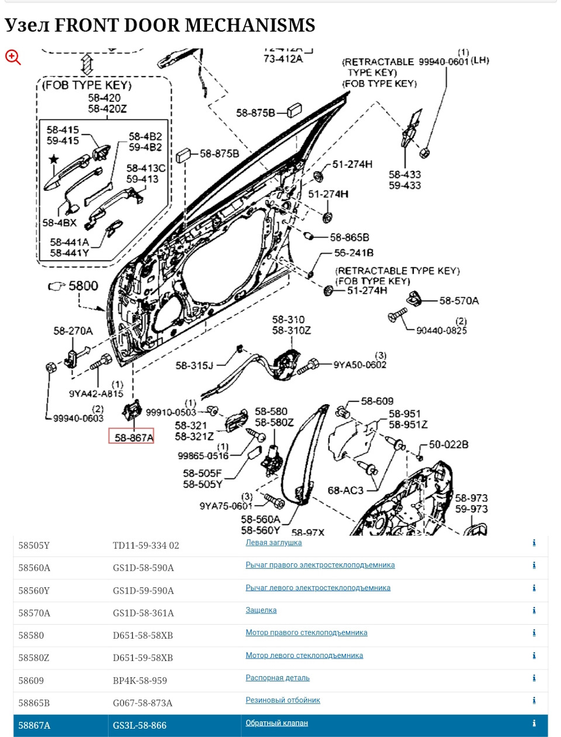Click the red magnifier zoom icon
13,57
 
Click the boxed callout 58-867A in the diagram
131,437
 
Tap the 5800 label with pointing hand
74,286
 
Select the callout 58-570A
459,301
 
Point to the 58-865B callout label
349,237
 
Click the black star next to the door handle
54,159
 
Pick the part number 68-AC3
345,490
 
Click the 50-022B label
448,445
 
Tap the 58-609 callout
377,401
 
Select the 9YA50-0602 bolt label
359,365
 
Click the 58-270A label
73,331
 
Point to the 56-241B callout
354,253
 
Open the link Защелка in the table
261,610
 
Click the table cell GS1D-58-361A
143,613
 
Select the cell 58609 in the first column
31,680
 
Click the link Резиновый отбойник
283,700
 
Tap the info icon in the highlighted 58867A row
534,724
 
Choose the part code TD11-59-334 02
146,545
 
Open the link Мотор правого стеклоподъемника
306,632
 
